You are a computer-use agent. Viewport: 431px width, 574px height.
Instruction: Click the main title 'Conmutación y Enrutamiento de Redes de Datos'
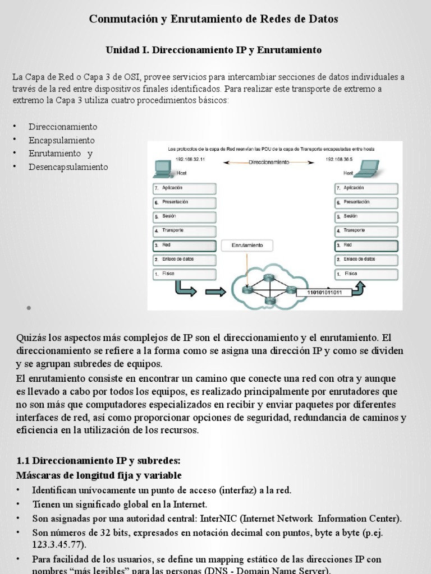[x=214, y=20]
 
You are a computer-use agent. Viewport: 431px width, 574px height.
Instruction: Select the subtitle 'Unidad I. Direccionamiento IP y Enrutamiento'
[x=214, y=50]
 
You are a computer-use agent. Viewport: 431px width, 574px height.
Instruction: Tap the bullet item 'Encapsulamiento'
[x=62, y=140]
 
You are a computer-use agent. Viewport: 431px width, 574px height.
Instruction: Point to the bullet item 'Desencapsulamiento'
[x=68, y=167]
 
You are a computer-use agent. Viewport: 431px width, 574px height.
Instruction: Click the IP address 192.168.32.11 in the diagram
[x=190, y=160]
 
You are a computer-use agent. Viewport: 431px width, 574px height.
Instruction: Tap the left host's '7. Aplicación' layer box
[x=184, y=188]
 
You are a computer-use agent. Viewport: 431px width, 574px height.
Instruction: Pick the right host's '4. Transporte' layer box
[x=366, y=230]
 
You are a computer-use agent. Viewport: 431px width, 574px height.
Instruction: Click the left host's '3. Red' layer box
[x=184, y=246]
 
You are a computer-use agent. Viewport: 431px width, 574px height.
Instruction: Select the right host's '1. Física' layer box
[x=366, y=274]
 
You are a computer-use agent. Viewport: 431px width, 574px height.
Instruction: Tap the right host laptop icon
[x=369, y=166]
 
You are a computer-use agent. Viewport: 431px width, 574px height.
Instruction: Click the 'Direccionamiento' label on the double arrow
[x=268, y=161]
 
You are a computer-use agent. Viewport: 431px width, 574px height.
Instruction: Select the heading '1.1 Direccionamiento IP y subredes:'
[x=98, y=461]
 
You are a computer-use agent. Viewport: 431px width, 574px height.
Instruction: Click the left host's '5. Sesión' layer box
[x=184, y=216]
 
